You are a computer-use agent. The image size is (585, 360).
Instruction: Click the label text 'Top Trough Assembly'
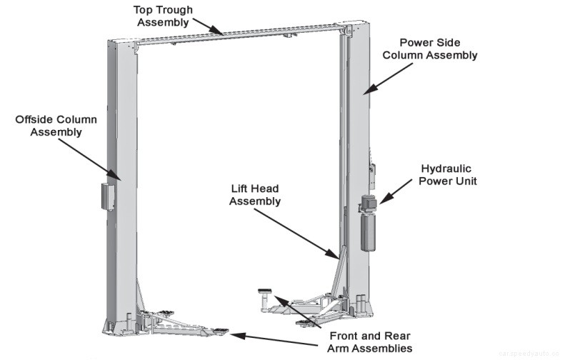163,16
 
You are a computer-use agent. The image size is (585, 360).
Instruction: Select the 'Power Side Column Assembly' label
429,49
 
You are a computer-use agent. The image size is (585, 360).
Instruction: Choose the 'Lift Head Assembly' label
255,195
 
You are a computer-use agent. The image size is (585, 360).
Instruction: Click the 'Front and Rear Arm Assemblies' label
369,341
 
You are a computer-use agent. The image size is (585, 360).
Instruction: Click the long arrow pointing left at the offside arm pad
286,336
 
